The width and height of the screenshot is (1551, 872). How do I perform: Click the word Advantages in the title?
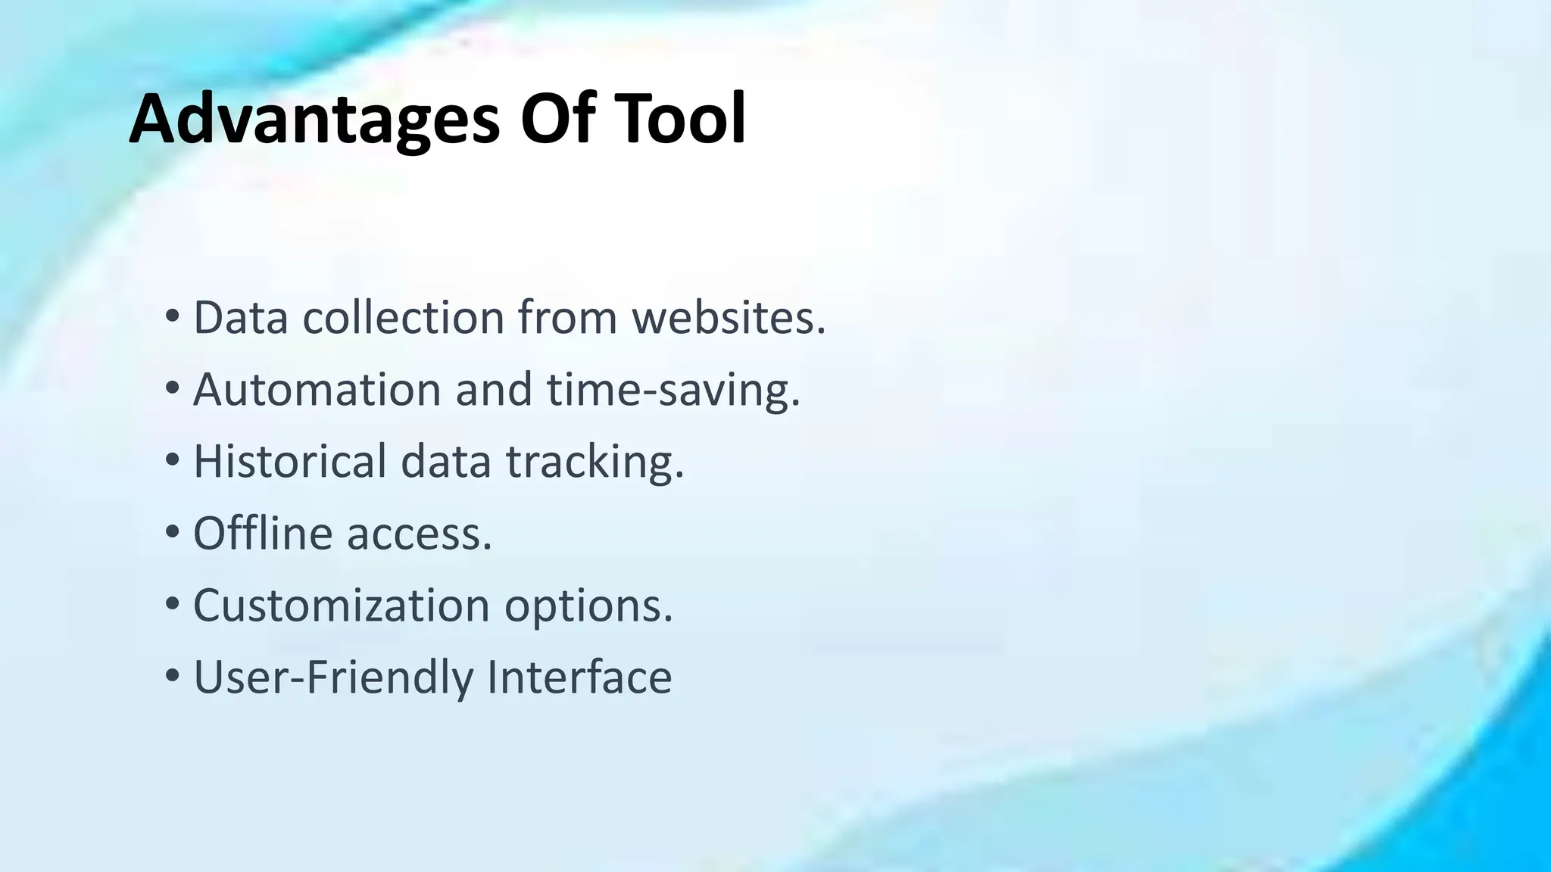314,120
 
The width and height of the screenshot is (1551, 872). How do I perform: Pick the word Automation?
317,389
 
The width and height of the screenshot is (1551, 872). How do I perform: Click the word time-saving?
673,391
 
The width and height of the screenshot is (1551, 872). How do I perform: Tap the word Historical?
290,461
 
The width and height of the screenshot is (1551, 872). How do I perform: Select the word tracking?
594,462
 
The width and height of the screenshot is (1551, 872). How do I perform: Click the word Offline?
262,533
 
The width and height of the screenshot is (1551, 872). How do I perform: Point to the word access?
419,534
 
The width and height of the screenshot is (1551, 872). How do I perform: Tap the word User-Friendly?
333,677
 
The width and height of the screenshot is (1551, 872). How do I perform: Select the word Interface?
579,677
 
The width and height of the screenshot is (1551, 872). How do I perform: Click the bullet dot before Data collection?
173,316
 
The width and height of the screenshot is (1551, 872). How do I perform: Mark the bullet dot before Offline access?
173,532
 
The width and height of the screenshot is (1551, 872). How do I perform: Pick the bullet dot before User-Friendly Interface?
173,676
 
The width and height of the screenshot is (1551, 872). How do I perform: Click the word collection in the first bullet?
404,317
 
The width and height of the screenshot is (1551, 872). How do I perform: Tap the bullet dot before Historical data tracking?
173,460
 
